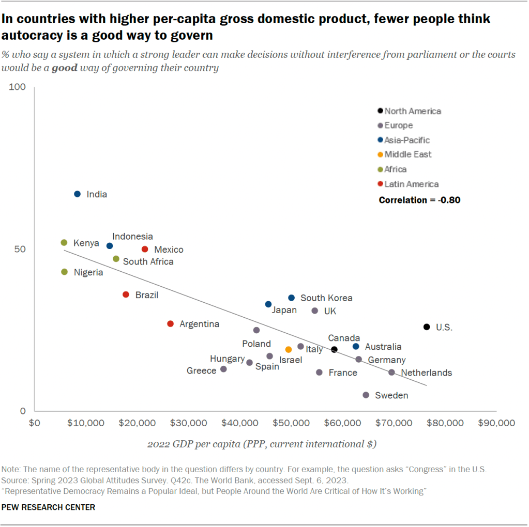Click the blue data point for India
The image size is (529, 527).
coord(78,194)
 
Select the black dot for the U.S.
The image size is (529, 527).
coord(427,327)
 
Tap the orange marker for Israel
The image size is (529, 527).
coord(289,350)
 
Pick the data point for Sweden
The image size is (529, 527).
coord(366,395)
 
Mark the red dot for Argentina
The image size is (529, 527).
coord(171,323)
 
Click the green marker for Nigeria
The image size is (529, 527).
coord(65,272)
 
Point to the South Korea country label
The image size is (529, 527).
coord(326,298)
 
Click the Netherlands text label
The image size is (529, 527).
coord(426,373)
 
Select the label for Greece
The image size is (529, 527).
coord(201,370)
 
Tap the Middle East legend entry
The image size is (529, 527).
coord(407,154)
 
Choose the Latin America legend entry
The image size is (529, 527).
coord(411,184)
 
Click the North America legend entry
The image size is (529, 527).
coord(412,111)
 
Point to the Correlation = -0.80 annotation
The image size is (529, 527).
coord(419,200)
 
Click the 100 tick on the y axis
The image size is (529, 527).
coord(18,87)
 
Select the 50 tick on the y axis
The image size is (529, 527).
coord(20,249)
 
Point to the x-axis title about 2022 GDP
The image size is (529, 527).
coord(262,444)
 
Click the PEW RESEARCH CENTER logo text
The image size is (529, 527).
coord(49,507)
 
